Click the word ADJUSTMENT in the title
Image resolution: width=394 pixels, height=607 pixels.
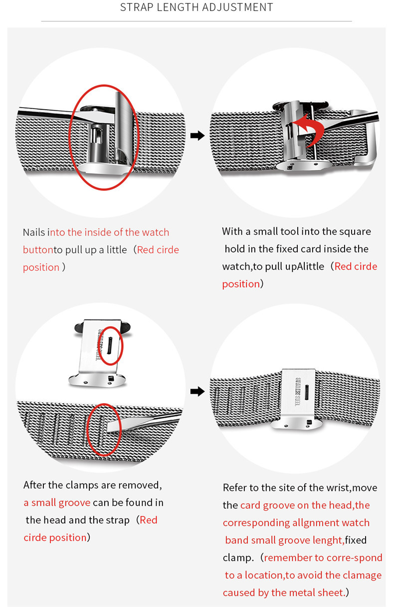pyautogui.click(x=237, y=7)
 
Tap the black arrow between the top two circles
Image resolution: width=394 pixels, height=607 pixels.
pyautogui.click(x=197, y=136)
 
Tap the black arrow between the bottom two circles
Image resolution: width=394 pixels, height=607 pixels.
pyautogui.click(x=197, y=391)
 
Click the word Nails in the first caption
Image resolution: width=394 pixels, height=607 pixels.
pyautogui.click(x=34, y=232)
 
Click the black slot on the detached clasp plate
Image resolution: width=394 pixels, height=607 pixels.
pyautogui.click(x=109, y=346)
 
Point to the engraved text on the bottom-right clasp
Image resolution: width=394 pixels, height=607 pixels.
pyautogui.click(x=297, y=392)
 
